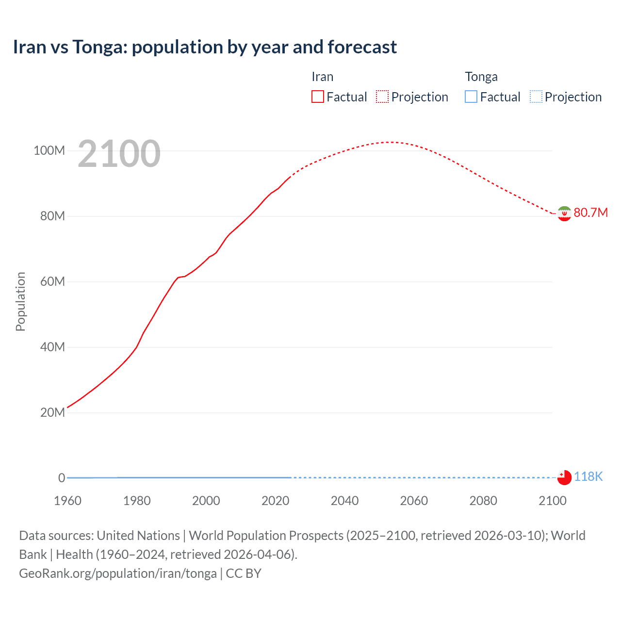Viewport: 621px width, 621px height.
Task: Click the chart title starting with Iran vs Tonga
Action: pos(205,47)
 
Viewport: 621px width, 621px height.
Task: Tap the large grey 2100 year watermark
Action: pos(119,154)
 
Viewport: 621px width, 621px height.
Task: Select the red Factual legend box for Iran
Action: pos(317,97)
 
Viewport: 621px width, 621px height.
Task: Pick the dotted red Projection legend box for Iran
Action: pos(382,97)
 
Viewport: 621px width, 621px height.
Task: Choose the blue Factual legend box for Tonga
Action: pos(471,97)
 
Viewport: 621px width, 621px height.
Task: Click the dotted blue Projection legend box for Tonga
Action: pos(536,97)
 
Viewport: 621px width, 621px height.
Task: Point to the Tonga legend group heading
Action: pos(481,77)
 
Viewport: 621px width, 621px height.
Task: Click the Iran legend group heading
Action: pos(322,77)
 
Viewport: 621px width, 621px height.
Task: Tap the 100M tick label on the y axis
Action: pos(49,150)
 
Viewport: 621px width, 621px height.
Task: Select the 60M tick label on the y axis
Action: pos(52,281)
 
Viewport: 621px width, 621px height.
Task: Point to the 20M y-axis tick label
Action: pos(52,412)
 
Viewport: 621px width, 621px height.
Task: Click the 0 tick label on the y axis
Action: pos(62,478)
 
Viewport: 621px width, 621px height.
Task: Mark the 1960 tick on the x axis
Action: pos(67,501)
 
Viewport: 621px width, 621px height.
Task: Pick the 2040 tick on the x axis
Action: pos(344,501)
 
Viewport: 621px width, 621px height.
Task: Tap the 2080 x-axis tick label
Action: pos(483,501)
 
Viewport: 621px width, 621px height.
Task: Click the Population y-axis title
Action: pos(20,301)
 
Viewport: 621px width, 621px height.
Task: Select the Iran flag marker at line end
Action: pos(564,213)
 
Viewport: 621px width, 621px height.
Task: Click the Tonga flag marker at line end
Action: pos(564,477)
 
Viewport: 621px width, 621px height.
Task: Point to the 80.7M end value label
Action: pos(590,213)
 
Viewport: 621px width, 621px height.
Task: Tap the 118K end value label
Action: pos(588,477)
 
